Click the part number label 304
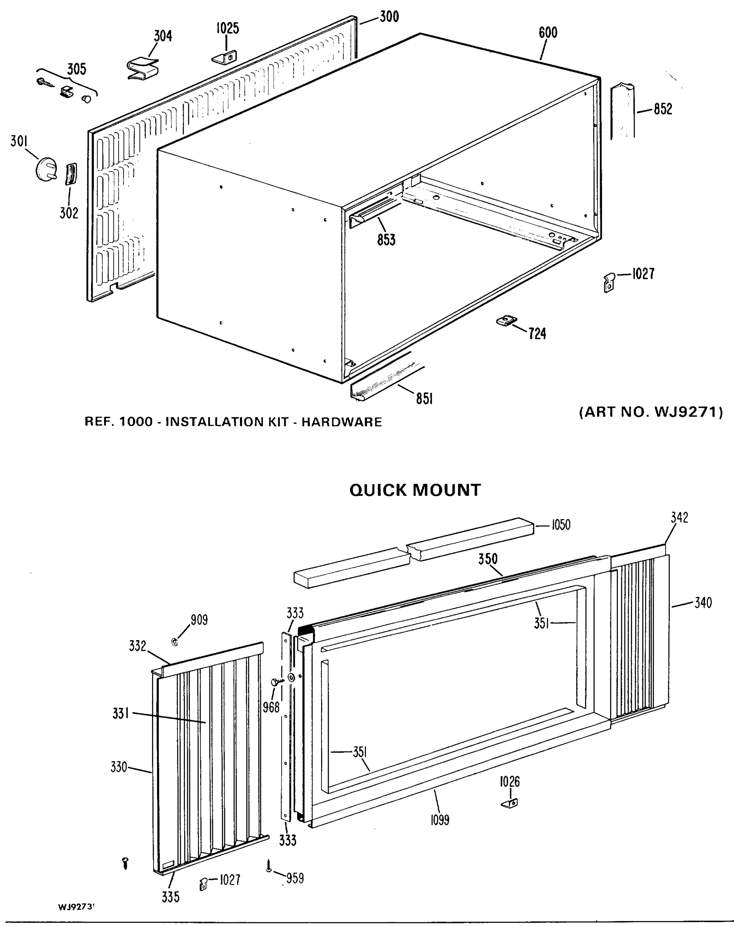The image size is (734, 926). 163,36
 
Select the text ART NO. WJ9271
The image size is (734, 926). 651,412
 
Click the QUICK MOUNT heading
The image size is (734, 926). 415,490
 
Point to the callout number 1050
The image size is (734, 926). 560,525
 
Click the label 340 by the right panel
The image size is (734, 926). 703,603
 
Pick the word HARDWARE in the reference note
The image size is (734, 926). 342,422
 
